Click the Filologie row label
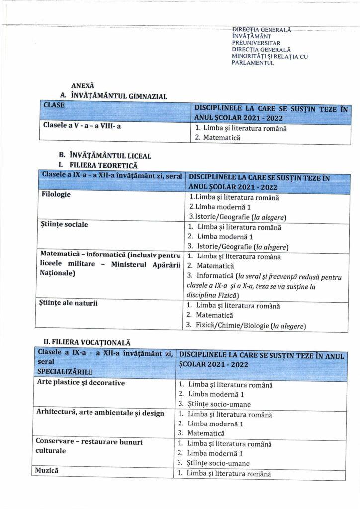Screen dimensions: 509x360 (x=56, y=194)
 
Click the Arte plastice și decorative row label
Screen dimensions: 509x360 (x=81, y=382)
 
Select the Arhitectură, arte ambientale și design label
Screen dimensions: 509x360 (x=100, y=413)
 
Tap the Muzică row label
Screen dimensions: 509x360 (x=47, y=469)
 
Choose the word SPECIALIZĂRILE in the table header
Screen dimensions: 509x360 (x=65, y=371)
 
